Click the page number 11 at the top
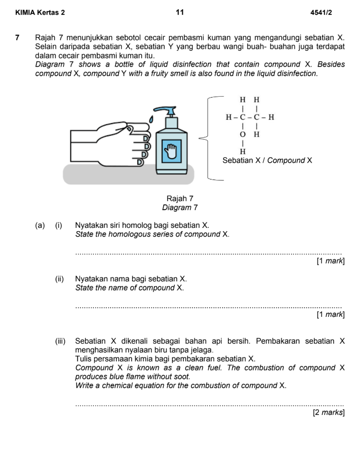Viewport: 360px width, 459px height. [x=180, y=12]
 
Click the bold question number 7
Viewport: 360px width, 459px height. [x=17, y=37]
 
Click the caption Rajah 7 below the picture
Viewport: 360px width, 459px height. [x=180, y=198]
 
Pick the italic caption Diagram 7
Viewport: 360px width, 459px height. [x=180, y=207]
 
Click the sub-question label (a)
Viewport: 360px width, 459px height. [x=40, y=225]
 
